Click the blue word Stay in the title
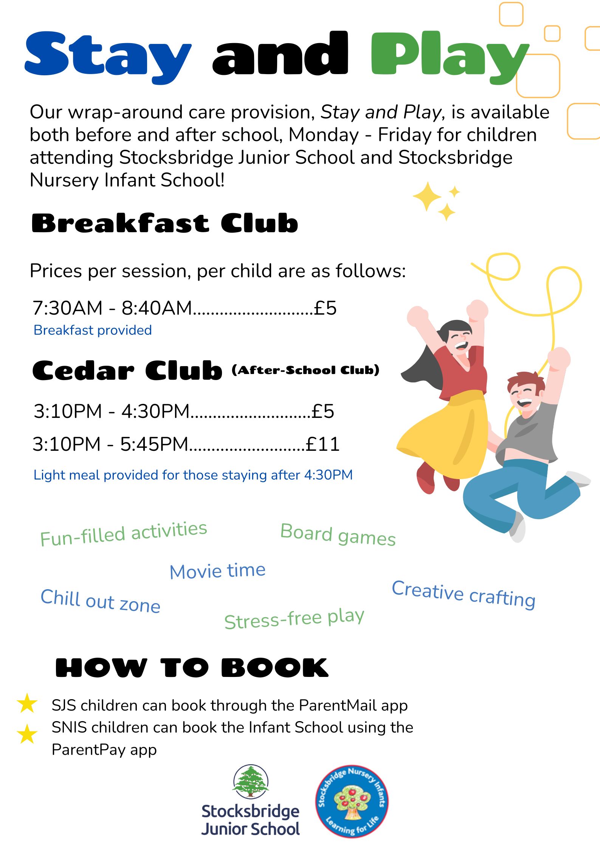coord(108,55)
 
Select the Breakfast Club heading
coord(164,223)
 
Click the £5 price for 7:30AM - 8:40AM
coord(325,308)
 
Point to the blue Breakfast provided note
coord(93,330)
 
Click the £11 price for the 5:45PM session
coord(322,444)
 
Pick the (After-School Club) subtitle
coord(305,370)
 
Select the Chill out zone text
coord(101,601)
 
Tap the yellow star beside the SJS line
coord(27,704)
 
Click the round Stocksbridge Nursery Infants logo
coord(352,802)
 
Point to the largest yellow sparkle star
coord(427,196)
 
